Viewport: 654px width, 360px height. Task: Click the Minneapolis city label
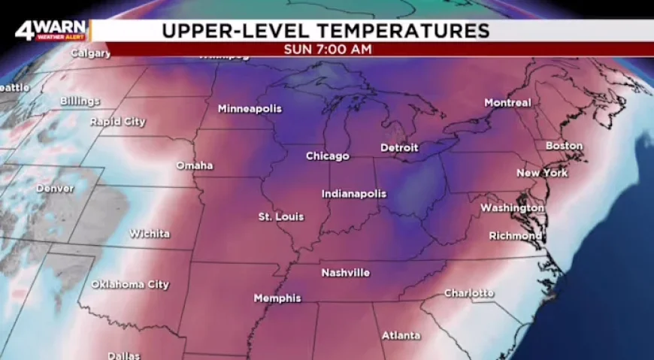coord(250,109)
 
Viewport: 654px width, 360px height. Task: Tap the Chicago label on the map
coord(327,156)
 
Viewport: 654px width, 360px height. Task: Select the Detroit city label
coord(398,148)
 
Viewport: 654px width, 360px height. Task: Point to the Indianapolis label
coord(353,194)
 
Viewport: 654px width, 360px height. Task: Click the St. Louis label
coord(281,217)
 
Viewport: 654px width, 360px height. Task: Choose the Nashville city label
coord(345,273)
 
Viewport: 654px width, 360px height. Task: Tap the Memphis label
coord(277,298)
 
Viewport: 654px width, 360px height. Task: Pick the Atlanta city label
coord(401,335)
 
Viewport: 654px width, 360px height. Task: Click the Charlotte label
coord(469,293)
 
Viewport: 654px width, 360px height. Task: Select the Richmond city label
coord(515,236)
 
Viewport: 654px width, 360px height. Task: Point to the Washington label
coord(511,207)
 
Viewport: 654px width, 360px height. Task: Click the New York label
coord(542,174)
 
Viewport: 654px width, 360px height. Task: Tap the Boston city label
coord(564,146)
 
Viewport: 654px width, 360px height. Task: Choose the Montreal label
coord(507,103)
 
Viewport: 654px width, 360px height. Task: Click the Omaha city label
coord(194,165)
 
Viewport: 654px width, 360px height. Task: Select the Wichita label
coord(149,234)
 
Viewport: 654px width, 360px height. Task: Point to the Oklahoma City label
coord(130,285)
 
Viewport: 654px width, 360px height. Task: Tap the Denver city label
coord(55,189)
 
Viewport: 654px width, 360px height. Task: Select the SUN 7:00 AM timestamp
coord(327,50)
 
